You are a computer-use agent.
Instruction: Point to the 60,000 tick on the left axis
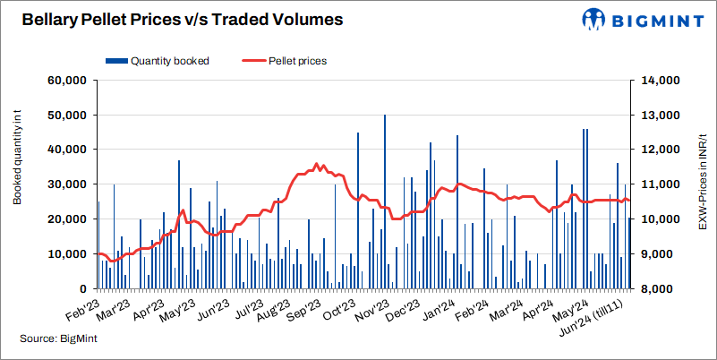pos(65,81)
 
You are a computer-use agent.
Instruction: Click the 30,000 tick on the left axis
pos(65,184)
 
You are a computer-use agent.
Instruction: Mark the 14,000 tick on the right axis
pos(661,81)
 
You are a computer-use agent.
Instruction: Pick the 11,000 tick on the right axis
pos(661,184)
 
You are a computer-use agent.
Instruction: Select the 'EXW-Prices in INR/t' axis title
pos(703,184)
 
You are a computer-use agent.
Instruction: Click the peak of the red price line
pos(316,164)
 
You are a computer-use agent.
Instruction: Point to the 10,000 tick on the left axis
pos(65,254)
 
